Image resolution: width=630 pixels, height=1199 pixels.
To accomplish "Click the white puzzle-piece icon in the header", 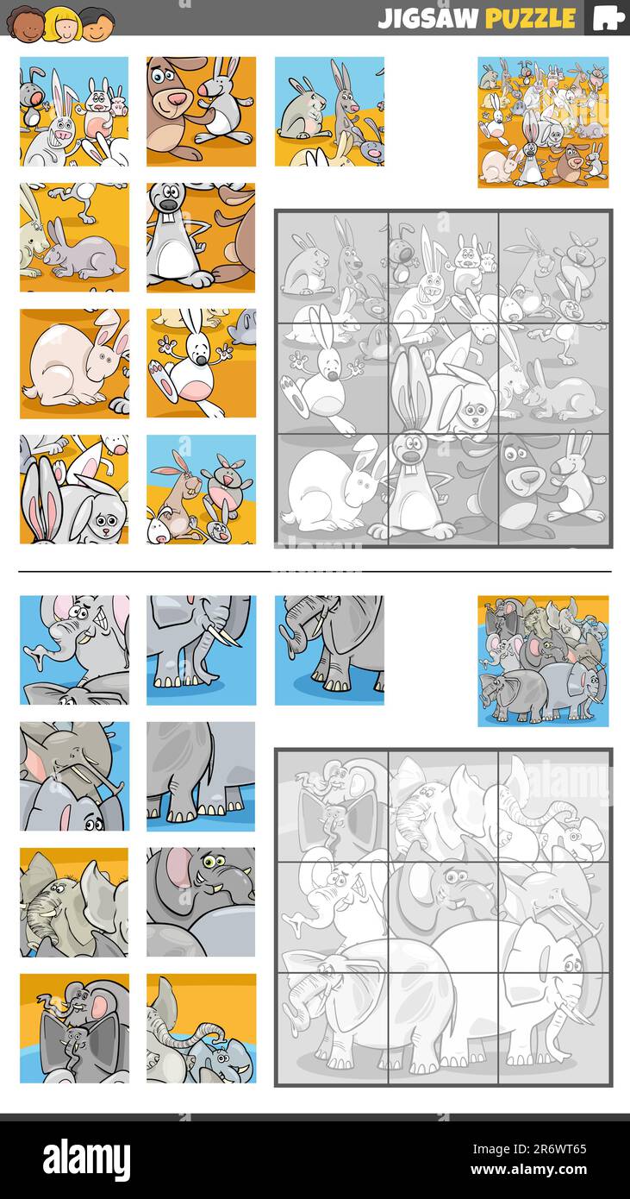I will click(x=608, y=18).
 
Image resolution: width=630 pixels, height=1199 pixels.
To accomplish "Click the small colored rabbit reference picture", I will click(x=543, y=122).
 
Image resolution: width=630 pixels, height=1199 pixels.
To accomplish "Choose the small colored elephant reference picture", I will click(x=543, y=661).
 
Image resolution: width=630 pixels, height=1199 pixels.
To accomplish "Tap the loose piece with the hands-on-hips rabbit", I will click(x=201, y=237).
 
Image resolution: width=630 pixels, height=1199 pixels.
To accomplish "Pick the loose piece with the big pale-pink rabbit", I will click(x=74, y=363).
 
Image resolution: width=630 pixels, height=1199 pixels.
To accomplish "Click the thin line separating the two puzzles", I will click(x=315, y=571).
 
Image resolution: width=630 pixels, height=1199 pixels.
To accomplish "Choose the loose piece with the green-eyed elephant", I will click(x=201, y=901).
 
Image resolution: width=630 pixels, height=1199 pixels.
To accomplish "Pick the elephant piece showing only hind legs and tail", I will click(x=201, y=775).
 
